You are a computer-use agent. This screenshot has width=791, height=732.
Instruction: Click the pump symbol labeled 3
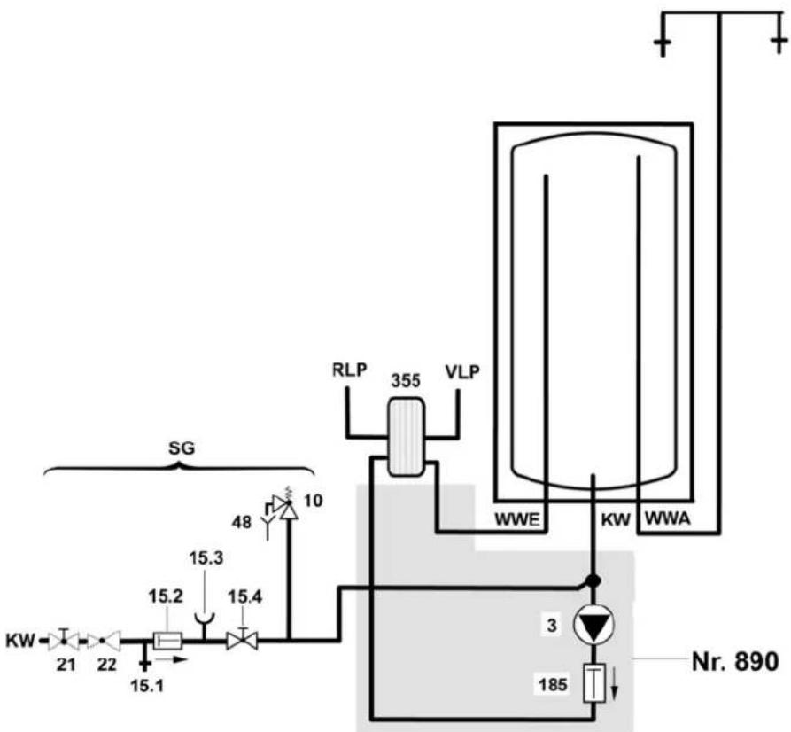[593, 624]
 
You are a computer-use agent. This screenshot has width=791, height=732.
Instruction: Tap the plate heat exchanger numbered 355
[406, 437]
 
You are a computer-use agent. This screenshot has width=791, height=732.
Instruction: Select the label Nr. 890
[735, 661]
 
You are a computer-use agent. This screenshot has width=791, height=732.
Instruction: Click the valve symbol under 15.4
[242, 640]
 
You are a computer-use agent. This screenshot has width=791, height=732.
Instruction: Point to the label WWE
[518, 519]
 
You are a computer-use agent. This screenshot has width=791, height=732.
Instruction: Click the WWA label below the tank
[667, 518]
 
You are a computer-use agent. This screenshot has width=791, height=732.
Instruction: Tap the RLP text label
[349, 370]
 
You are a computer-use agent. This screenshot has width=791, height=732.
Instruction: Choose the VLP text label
[462, 371]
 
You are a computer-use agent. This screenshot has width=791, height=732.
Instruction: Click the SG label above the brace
[181, 448]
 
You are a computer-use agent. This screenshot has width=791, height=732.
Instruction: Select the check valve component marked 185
[594, 682]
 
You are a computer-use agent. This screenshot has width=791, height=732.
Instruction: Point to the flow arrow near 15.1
[170, 659]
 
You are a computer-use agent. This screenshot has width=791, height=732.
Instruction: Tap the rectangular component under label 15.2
[167, 641]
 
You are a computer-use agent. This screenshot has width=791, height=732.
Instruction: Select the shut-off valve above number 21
[64, 640]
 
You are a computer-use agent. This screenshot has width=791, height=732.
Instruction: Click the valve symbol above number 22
[104, 641]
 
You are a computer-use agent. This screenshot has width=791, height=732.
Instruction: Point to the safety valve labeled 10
[286, 504]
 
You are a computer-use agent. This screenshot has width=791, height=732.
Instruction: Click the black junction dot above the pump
[593, 580]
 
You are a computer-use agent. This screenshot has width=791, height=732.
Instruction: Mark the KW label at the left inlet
[20, 641]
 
